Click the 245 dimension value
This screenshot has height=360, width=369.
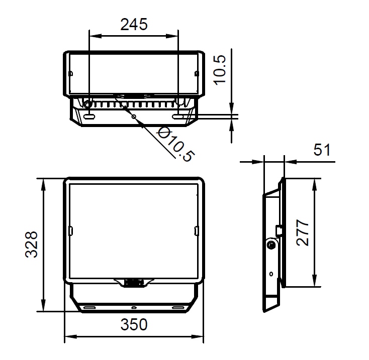134,24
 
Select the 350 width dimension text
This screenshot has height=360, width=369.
134,325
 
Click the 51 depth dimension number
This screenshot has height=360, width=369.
322,150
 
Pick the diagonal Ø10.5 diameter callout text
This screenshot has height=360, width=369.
174,144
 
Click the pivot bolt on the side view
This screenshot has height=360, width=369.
271,245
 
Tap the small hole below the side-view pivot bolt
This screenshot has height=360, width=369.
271,274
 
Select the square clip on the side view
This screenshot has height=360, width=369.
278,230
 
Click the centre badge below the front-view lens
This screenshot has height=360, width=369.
134,283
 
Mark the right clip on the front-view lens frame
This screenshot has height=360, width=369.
196,230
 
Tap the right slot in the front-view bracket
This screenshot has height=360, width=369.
178,307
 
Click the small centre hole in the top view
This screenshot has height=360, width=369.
134,116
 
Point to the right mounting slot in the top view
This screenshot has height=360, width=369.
178,116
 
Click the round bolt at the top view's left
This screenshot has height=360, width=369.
87,104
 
